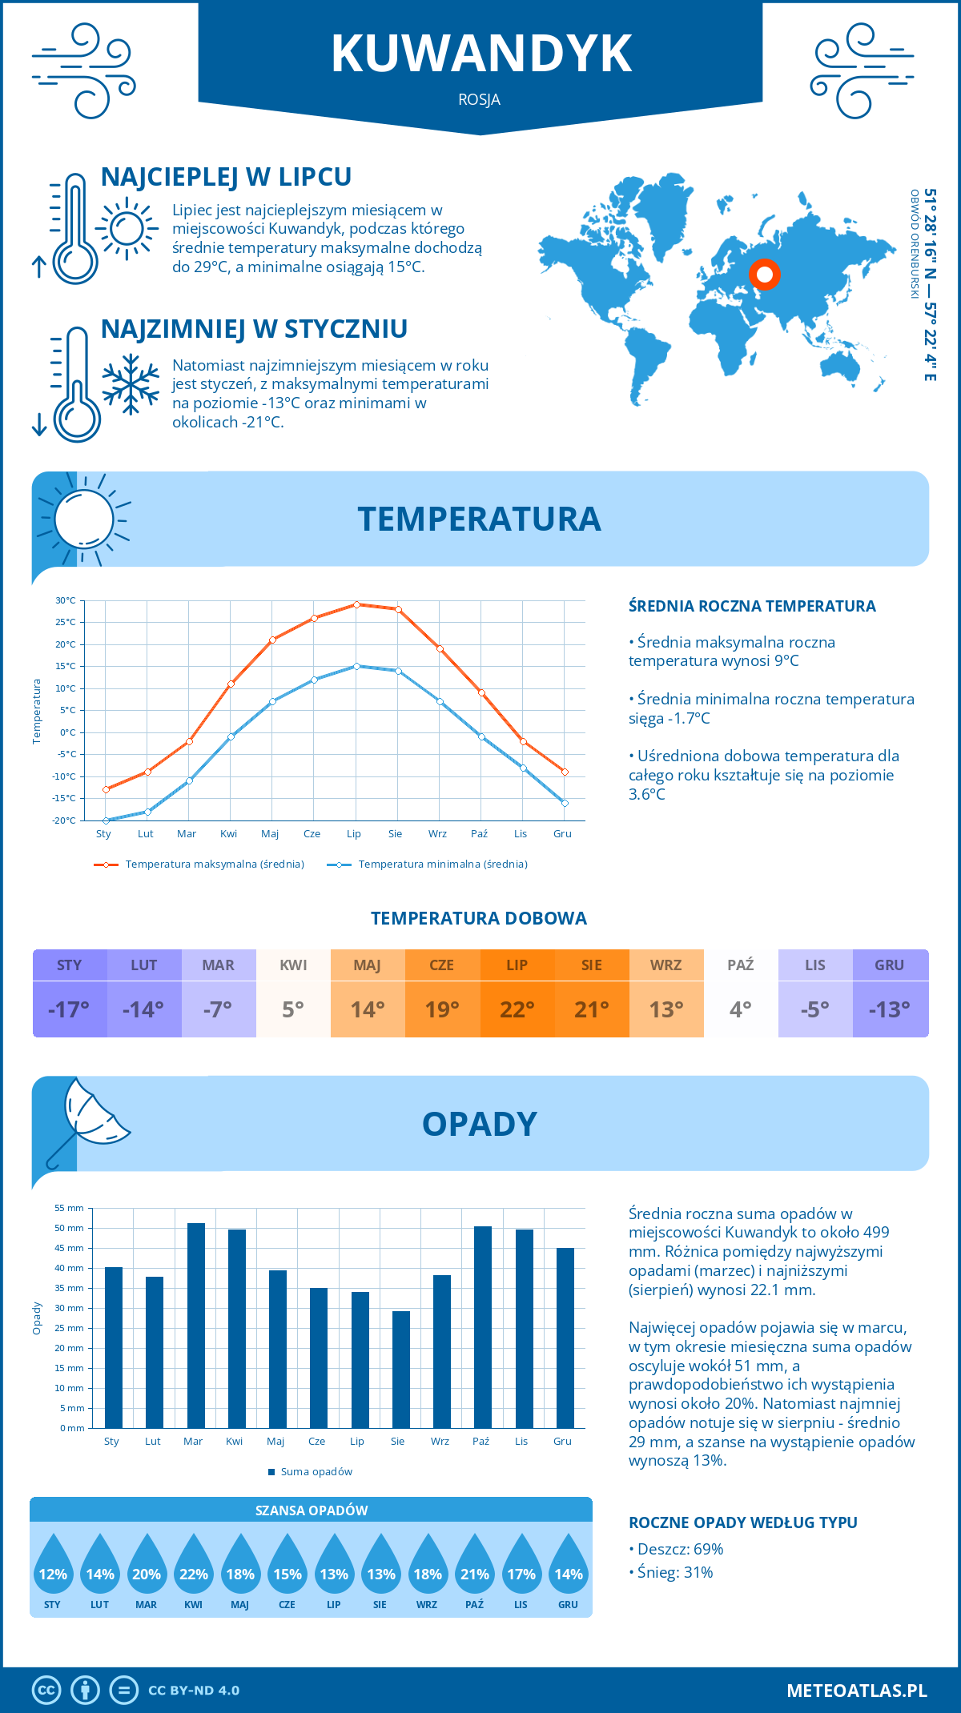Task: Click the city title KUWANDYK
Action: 481,54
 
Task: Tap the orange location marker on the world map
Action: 765,275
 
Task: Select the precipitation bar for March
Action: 195,1325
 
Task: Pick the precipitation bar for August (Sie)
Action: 401,1369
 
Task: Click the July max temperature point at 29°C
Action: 356,604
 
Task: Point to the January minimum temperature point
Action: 106,820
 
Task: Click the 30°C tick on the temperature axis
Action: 66,600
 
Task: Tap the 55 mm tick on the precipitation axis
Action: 70,1208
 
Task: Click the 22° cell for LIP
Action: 517,1009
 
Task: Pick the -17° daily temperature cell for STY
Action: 70,1009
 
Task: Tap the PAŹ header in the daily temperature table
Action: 741,965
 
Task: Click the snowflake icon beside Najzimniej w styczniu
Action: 131,384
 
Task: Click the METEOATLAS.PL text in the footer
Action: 857,1691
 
